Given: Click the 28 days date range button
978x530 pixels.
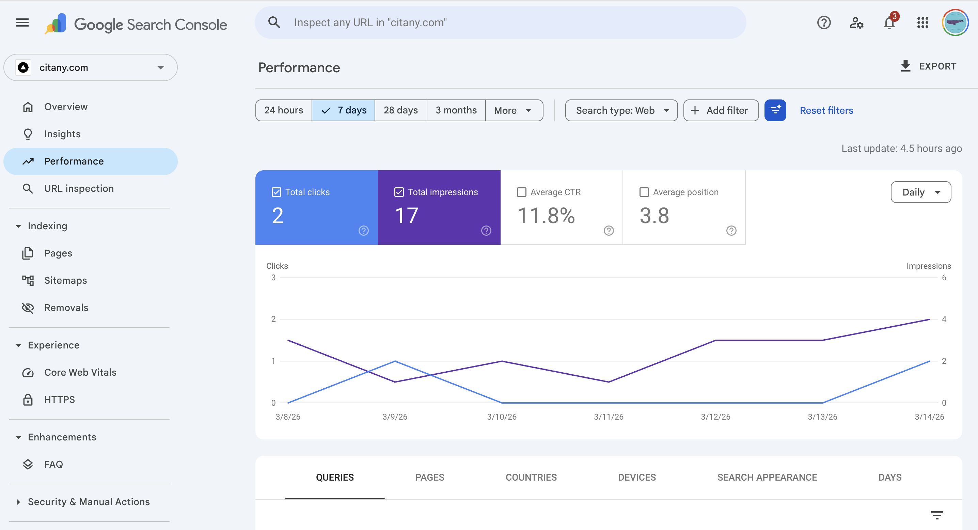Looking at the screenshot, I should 400,110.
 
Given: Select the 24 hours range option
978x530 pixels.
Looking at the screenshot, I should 283,110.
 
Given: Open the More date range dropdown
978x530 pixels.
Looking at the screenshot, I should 513,110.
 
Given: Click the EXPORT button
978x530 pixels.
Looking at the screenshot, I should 928,66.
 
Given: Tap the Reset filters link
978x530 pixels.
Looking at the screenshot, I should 826,110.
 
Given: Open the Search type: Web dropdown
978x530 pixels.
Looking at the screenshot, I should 621,110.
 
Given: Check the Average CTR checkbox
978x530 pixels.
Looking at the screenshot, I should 522,192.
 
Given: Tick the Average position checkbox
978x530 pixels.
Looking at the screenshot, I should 644,192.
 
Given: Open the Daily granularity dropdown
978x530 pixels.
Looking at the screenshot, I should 920,192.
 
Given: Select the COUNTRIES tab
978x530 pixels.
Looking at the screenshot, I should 531,477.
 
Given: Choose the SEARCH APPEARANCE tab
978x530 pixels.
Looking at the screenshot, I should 767,477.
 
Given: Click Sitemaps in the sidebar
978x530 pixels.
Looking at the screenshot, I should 65,280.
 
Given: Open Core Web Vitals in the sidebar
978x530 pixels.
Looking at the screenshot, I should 80,372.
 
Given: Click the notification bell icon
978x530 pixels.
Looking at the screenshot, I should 889,23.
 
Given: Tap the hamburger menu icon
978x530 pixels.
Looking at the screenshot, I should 22,23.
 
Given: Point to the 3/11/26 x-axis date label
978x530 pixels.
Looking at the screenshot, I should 608,417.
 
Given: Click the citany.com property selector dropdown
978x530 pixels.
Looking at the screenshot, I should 90,67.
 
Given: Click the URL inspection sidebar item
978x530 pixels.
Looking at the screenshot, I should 79,188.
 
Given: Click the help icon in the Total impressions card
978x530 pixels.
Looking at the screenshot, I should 486,231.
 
